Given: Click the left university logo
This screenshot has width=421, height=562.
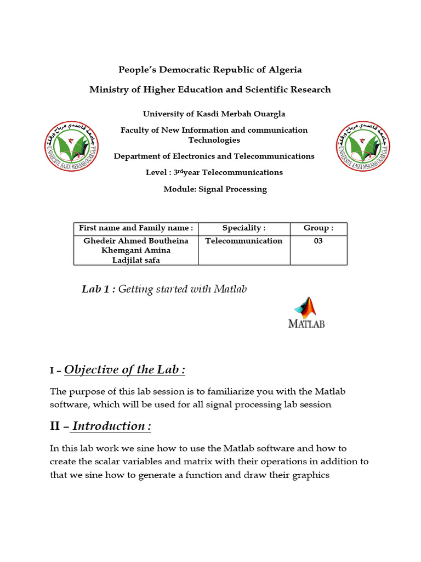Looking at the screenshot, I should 71,145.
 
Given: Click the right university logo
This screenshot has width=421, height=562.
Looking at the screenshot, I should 363,145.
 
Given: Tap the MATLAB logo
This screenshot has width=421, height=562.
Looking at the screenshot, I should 306,312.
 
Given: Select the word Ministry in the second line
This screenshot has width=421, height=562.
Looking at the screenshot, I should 109,89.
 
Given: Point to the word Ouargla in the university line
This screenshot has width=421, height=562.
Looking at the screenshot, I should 267,114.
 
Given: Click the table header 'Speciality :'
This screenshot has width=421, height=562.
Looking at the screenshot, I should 244,228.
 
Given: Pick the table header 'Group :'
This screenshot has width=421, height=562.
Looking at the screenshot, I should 318,228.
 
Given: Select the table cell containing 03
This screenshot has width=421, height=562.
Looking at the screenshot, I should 318,241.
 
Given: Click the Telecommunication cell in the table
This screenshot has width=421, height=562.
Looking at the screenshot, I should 244,241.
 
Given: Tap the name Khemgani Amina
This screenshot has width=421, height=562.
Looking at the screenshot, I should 136,250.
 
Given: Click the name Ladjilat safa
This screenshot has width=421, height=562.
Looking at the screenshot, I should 136,260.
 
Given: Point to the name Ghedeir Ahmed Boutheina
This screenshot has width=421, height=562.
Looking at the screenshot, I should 136,241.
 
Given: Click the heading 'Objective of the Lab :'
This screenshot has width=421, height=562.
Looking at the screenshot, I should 124,370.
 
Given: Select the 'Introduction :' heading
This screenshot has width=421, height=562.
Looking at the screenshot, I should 111,426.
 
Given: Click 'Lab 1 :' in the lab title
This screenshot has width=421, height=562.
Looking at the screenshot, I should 98,289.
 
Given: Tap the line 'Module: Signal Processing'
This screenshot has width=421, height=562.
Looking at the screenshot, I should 215,189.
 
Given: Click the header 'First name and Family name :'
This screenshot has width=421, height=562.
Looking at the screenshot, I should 136,228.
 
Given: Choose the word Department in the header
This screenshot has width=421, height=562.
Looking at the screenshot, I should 137,156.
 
